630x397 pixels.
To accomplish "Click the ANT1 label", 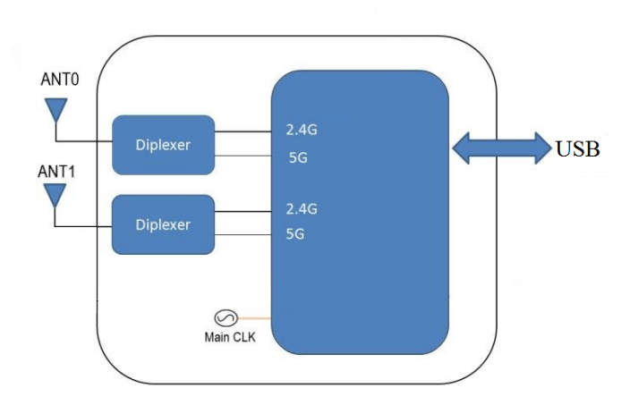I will pyautogui.click(x=58, y=169).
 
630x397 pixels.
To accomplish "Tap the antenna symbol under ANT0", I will pyautogui.click(x=55, y=110).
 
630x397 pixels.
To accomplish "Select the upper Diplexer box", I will pyautogui.click(x=163, y=144).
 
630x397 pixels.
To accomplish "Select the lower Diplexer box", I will pyautogui.click(x=163, y=224).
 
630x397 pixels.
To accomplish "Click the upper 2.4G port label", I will pyautogui.click(x=302, y=131).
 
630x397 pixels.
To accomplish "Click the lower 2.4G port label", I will pyautogui.click(x=302, y=209).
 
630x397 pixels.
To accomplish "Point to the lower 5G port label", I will pyautogui.click(x=295, y=236).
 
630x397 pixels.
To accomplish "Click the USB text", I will pyautogui.click(x=577, y=149).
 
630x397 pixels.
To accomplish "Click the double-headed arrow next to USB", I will pyautogui.click(x=502, y=148).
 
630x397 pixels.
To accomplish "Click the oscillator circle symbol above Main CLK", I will pyautogui.click(x=224, y=317).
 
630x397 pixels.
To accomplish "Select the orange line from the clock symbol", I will pyautogui.click(x=253, y=317).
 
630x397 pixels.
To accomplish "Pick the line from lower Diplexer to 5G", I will pyautogui.click(x=243, y=236).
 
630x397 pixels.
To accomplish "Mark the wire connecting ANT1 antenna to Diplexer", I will pyautogui.click(x=82, y=225).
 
